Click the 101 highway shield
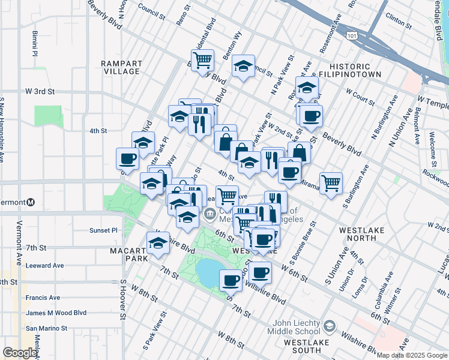[x=352, y=36]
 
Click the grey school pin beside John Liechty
[x=328, y=326]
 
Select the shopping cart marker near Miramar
[x=331, y=183]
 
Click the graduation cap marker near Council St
[x=243, y=67]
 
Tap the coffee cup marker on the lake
[x=231, y=280]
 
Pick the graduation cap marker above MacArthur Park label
[x=158, y=244]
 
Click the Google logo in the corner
[x=20, y=353]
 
